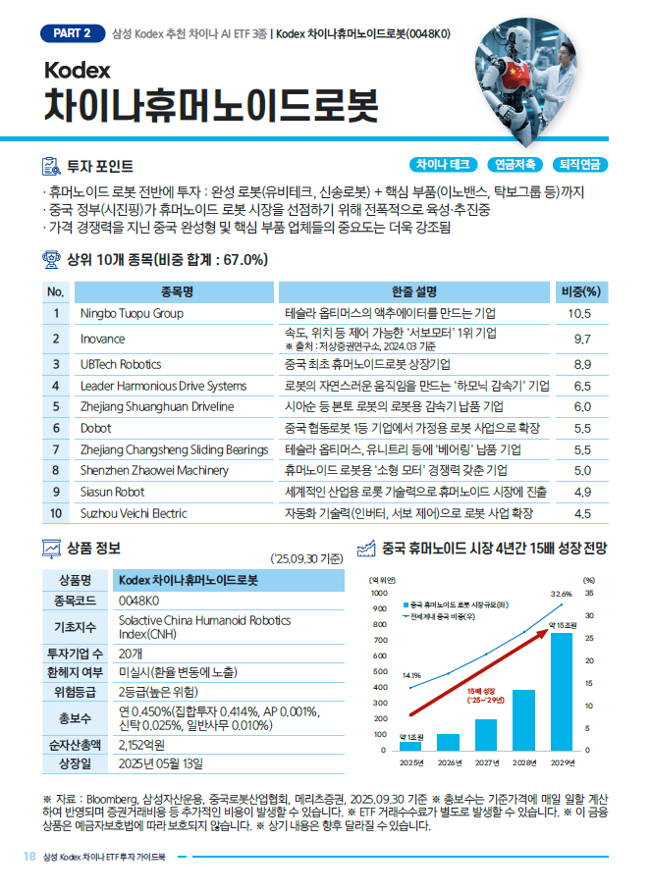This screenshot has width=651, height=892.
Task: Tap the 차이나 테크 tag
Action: (444, 165)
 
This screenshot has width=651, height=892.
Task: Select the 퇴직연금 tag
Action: (581, 165)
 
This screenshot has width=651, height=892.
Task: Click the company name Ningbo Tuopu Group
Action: (132, 314)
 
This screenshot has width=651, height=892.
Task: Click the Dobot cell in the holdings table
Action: (95, 428)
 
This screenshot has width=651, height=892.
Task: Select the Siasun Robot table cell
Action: (112, 492)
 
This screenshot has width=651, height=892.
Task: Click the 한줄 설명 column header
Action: (413, 291)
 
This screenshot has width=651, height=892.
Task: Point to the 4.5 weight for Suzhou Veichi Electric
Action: (581, 513)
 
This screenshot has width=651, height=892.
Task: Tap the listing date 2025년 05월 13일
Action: (160, 763)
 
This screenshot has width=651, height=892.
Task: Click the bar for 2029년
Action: (561, 691)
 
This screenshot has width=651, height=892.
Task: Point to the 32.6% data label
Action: (561, 594)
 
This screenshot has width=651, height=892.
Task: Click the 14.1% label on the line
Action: (411, 675)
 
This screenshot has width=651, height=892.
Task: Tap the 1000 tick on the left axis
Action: (379, 593)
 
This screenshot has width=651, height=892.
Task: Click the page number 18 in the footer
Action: (29, 856)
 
